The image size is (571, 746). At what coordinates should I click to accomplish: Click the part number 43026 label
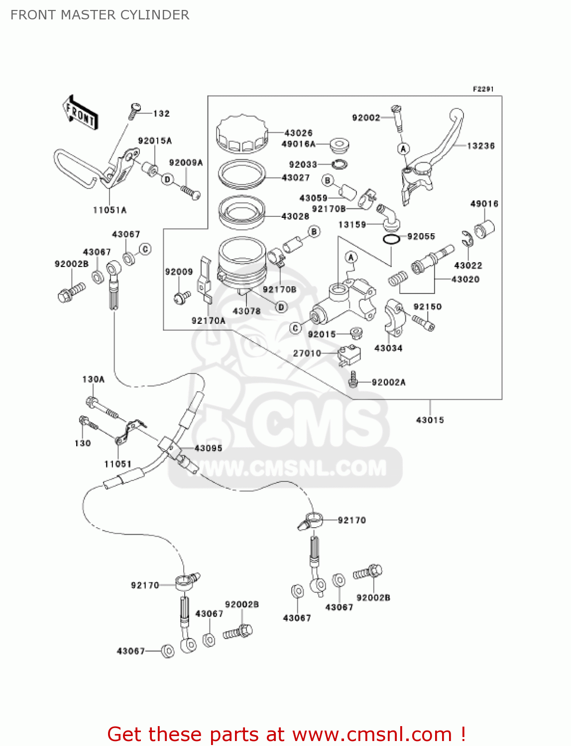pos(298,133)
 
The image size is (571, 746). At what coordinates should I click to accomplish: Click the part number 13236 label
pos(480,146)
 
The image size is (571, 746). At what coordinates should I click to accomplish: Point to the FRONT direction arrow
pos(80,113)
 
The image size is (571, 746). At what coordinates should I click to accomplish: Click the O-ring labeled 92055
pos(391,239)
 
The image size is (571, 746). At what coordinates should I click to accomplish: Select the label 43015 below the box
pos(430,420)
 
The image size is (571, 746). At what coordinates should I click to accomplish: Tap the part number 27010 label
pos(307,353)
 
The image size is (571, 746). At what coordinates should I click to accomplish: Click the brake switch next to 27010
pos(349,355)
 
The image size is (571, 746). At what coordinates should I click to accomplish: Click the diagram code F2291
pos(483,89)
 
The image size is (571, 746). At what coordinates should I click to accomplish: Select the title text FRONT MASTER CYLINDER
pos(100,15)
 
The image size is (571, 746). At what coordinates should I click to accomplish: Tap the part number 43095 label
pos(208,448)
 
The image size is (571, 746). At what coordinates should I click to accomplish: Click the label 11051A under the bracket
pos(110,210)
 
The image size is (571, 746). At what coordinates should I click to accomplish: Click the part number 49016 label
pos(484,203)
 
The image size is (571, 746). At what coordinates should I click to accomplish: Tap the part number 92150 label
pos(427,306)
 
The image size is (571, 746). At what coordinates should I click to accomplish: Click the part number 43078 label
pos(246,311)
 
